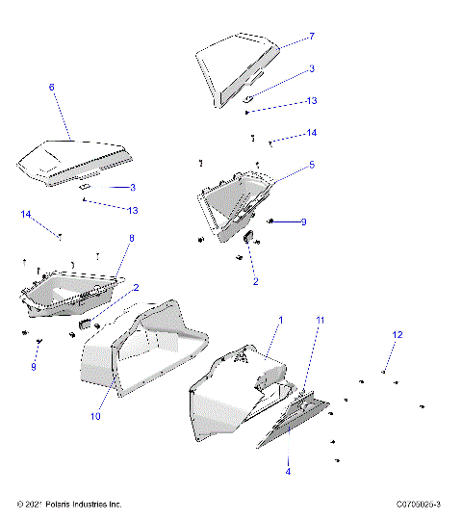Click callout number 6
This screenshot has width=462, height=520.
(x=51, y=87)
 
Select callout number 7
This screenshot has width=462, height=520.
(x=312, y=37)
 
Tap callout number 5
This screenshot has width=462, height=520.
(x=312, y=165)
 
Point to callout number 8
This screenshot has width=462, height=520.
(x=131, y=237)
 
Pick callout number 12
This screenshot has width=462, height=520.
(x=397, y=334)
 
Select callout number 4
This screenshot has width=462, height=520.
(x=287, y=472)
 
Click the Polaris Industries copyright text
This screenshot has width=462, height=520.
(x=69, y=504)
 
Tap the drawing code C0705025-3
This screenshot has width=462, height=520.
(x=418, y=504)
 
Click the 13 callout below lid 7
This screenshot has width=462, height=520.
(x=312, y=101)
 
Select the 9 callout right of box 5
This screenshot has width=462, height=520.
(x=302, y=222)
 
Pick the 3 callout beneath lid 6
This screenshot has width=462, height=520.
(x=132, y=187)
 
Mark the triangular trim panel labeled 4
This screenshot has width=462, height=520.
(x=294, y=424)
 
